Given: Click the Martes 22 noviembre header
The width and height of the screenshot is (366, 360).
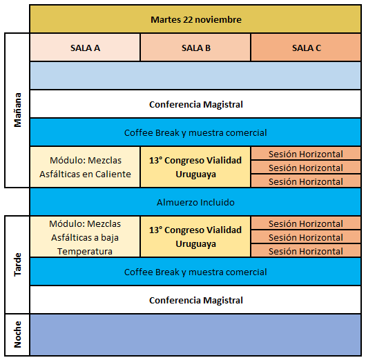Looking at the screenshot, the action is [x=195, y=19].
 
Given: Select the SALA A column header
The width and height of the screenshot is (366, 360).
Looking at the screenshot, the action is [x=85, y=48].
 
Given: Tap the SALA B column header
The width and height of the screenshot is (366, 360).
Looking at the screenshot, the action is [x=195, y=48].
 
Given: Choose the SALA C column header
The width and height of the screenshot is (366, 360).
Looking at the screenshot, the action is [x=306, y=48].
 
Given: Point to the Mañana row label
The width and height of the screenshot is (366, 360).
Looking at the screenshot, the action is [x=17, y=110].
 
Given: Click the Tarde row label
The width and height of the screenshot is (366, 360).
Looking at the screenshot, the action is [x=17, y=265].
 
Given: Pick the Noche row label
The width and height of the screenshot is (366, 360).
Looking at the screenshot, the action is [x=17, y=334].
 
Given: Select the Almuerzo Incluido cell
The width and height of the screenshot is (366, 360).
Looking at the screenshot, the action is [x=195, y=202].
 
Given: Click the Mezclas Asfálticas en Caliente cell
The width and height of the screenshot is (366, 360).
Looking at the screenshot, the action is [x=85, y=167].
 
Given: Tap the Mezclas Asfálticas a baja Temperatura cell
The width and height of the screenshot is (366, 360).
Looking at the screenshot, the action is [x=85, y=237].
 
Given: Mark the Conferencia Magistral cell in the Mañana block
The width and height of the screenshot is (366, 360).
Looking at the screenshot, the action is [x=195, y=104].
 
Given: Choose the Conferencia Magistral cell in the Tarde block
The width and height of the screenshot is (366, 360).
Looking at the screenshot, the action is [x=195, y=300].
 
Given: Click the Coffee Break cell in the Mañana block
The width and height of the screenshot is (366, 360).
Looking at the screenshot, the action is [x=195, y=132].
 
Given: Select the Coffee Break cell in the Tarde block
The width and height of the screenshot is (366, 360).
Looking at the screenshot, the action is [x=195, y=272].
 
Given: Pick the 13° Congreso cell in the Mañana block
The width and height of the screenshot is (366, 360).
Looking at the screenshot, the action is [x=195, y=167].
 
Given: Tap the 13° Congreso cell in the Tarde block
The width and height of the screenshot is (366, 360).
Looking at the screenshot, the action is [x=195, y=237].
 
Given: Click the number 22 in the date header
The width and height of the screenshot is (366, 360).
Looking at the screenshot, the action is [x=187, y=19].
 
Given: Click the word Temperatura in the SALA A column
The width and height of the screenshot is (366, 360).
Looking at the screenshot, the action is [x=85, y=251].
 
